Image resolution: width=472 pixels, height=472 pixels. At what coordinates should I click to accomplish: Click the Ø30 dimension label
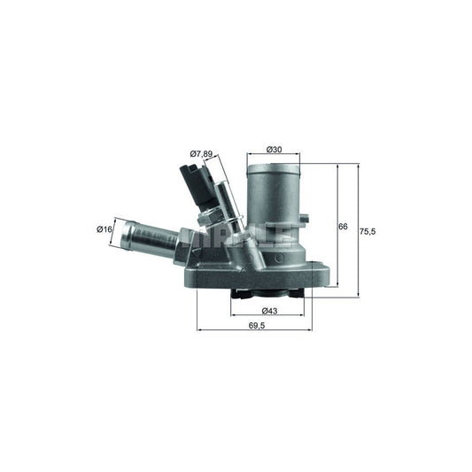pyautogui.click(x=273, y=149)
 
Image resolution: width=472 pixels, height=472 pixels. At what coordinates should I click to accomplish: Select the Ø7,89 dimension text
pyautogui.click(x=201, y=153)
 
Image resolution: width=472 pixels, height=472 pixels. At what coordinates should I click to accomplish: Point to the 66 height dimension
pyautogui.click(x=343, y=227)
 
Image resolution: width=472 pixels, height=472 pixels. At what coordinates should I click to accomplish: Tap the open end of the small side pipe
pyautogui.click(x=128, y=236)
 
